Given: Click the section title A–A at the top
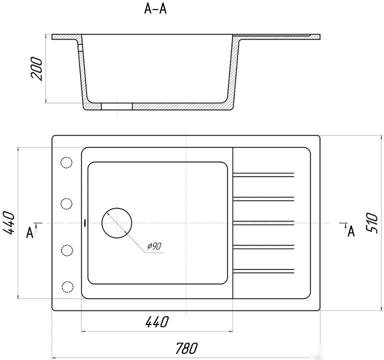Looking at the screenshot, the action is click(155, 9).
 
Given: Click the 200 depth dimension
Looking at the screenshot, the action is click(36, 69).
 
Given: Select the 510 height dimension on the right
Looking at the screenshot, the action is click(371, 223).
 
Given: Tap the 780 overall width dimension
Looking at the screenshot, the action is click(186, 348).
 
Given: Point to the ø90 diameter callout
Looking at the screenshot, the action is click(154, 246).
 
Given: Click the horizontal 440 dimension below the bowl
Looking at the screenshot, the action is click(157, 322).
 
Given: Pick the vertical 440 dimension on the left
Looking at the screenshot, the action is click(8, 223).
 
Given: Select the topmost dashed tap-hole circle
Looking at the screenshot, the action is click(66, 162).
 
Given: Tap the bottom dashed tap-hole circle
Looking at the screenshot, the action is click(67, 287).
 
